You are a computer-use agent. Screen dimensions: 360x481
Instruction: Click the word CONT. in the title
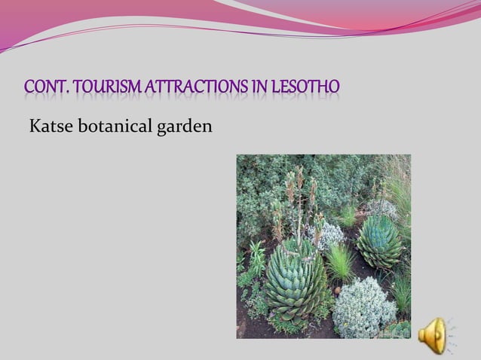tap(47, 88)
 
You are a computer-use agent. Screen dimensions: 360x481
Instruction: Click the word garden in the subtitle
tap(184, 126)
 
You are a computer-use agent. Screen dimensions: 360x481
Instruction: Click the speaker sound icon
tap(434, 333)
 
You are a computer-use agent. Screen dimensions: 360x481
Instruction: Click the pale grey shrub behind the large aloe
tap(326, 234)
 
